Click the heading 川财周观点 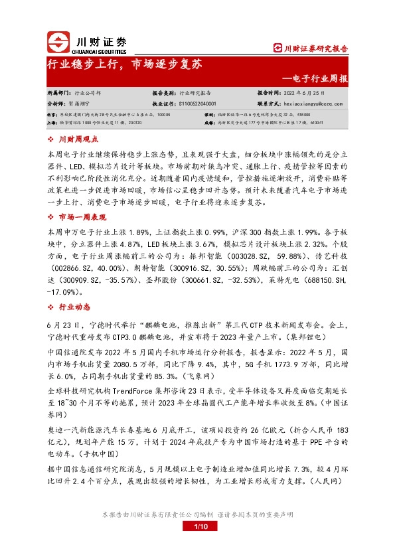78,139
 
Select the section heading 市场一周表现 82,217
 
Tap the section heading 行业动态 73,306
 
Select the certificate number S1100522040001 207,104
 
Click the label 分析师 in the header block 57,104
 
